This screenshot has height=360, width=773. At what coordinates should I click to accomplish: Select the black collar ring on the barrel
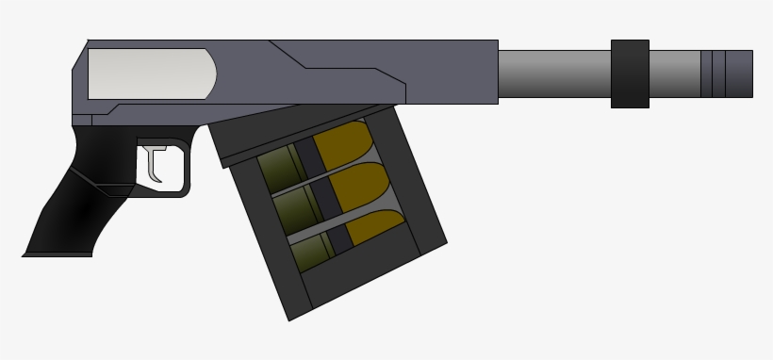(630, 74)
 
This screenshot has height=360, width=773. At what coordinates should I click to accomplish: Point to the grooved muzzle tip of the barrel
(727, 74)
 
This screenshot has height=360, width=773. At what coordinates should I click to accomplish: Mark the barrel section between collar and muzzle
(674, 74)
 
